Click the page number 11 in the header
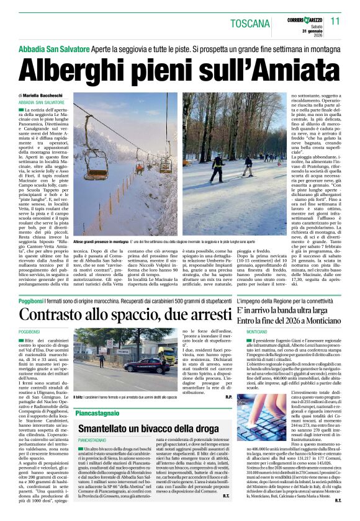tap(336, 20)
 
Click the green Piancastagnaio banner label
tap(99, 412)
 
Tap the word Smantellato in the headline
tap(111, 428)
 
